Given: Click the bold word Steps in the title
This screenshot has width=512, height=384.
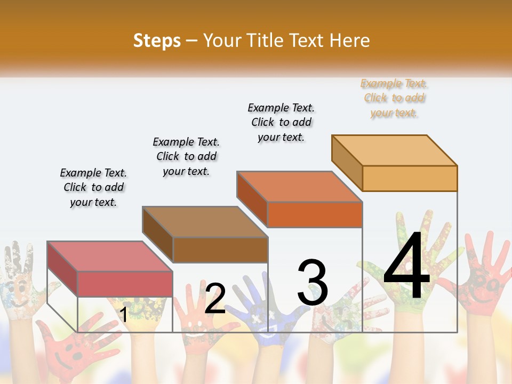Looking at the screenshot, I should point(157,41).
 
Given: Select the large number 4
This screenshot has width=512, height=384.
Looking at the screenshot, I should point(407,267).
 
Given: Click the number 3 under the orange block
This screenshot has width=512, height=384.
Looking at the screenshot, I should point(313,283).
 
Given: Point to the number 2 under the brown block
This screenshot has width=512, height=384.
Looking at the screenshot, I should point(215,299).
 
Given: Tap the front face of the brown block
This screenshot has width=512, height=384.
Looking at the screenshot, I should point(220,250).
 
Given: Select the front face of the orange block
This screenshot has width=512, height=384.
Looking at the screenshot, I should point(315,214).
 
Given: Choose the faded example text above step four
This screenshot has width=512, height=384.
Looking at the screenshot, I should point(394,98).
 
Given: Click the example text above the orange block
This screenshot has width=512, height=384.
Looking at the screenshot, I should point(281,122).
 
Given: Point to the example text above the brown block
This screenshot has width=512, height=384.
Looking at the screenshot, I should point(186,156).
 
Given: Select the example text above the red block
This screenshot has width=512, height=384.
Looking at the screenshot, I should point(93,187).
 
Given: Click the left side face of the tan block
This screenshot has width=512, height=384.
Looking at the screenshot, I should point(347,163).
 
